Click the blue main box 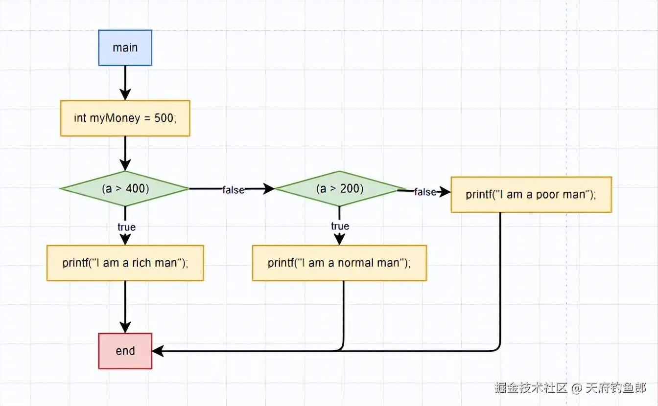click(x=125, y=47)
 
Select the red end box click(x=125, y=351)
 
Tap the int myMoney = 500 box click(x=125, y=118)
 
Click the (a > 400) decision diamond click(x=125, y=188)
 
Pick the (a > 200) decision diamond click(x=340, y=188)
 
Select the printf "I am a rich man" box click(x=125, y=263)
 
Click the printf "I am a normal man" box click(x=339, y=263)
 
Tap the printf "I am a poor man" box click(x=531, y=194)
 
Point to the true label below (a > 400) click(x=126, y=227)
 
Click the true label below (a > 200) click(x=340, y=226)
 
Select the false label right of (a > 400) click(x=233, y=190)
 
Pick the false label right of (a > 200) click(x=425, y=192)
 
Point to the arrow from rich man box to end click(x=125, y=306)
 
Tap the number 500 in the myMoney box click(x=164, y=118)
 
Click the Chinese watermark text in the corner click(x=570, y=388)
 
